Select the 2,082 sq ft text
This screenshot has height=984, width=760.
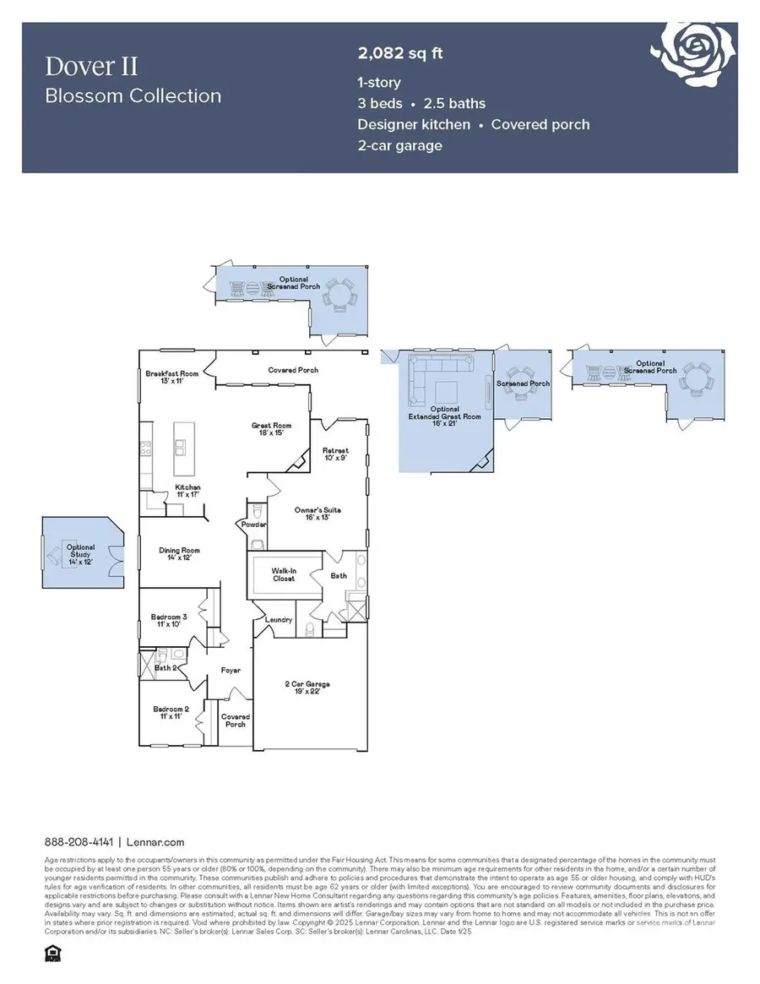pyautogui.click(x=400, y=54)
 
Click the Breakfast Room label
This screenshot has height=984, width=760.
pyautogui.click(x=171, y=377)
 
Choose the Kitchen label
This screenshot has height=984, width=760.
pyautogui.click(x=187, y=492)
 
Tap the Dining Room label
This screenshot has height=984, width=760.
pyautogui.click(x=179, y=555)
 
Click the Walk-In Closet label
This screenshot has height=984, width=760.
pyautogui.click(x=283, y=575)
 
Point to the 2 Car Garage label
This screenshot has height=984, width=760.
pyautogui.click(x=307, y=688)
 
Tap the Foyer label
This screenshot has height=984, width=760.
pyautogui.click(x=231, y=671)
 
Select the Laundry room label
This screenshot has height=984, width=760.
pyautogui.click(x=279, y=620)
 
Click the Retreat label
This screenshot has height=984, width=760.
pyautogui.click(x=336, y=454)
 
